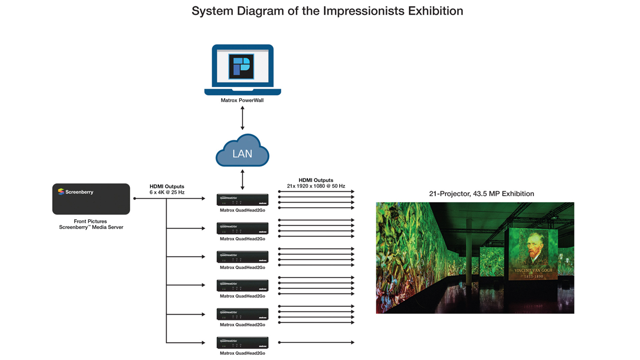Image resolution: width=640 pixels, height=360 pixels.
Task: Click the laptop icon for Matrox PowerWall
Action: pyautogui.click(x=243, y=70)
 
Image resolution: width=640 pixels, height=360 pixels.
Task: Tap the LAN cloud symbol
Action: pyautogui.click(x=243, y=151)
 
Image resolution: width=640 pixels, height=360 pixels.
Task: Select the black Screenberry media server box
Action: pyautogui.click(x=91, y=199)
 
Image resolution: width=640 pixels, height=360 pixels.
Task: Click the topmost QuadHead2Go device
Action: pyautogui.click(x=243, y=200)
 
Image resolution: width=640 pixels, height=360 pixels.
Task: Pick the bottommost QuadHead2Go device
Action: pyautogui.click(x=243, y=342)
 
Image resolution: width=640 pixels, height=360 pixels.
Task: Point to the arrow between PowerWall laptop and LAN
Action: pyautogui.click(x=243, y=118)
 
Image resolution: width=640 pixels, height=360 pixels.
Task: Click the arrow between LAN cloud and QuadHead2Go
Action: pyautogui.click(x=243, y=179)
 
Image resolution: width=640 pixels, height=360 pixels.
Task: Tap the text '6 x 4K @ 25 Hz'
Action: pyautogui.click(x=167, y=192)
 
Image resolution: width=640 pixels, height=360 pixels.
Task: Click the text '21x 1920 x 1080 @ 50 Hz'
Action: pyautogui.click(x=316, y=186)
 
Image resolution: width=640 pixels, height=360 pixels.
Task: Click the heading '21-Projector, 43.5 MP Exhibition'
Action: pyautogui.click(x=482, y=194)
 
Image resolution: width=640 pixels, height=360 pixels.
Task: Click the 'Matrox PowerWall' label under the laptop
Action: pyautogui.click(x=242, y=101)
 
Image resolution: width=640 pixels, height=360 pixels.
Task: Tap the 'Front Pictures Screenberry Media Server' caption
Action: pyautogui.click(x=91, y=224)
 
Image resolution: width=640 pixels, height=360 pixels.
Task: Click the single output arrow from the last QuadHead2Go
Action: pyautogui.click(x=316, y=342)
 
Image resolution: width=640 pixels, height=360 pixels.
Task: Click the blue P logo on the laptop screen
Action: pyautogui.click(x=242, y=67)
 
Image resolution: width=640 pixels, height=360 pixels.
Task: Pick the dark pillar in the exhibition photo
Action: pyautogui.click(x=469, y=253)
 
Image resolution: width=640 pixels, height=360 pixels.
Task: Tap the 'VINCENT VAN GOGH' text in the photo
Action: pyautogui.click(x=533, y=270)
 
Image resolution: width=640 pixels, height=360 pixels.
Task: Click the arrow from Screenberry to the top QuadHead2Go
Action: pyautogui.click(x=170, y=199)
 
